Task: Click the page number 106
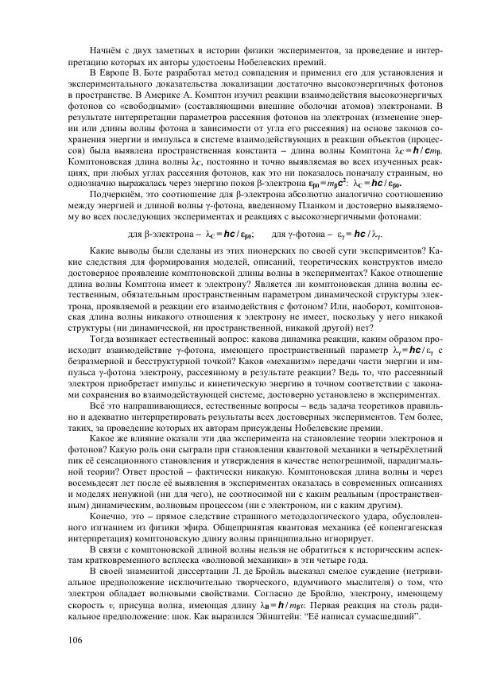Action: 76,641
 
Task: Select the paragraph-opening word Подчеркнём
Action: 118,192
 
